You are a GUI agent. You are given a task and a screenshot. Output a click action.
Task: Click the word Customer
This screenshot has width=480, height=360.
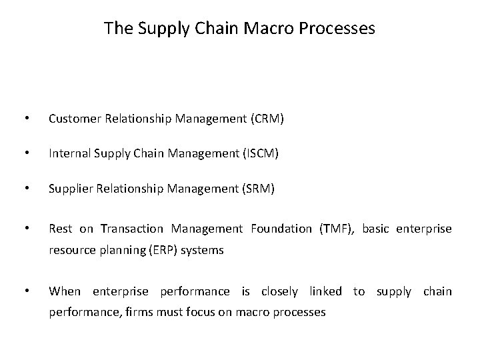click(x=72, y=119)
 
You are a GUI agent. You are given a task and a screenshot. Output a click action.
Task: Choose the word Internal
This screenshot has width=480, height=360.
click(x=67, y=154)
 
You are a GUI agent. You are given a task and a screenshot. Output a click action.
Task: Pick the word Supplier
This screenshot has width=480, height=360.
click(x=69, y=189)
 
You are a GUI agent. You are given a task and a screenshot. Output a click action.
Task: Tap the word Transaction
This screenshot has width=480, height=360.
click(x=133, y=229)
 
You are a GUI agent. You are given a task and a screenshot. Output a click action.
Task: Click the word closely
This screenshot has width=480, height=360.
click(x=281, y=291)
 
